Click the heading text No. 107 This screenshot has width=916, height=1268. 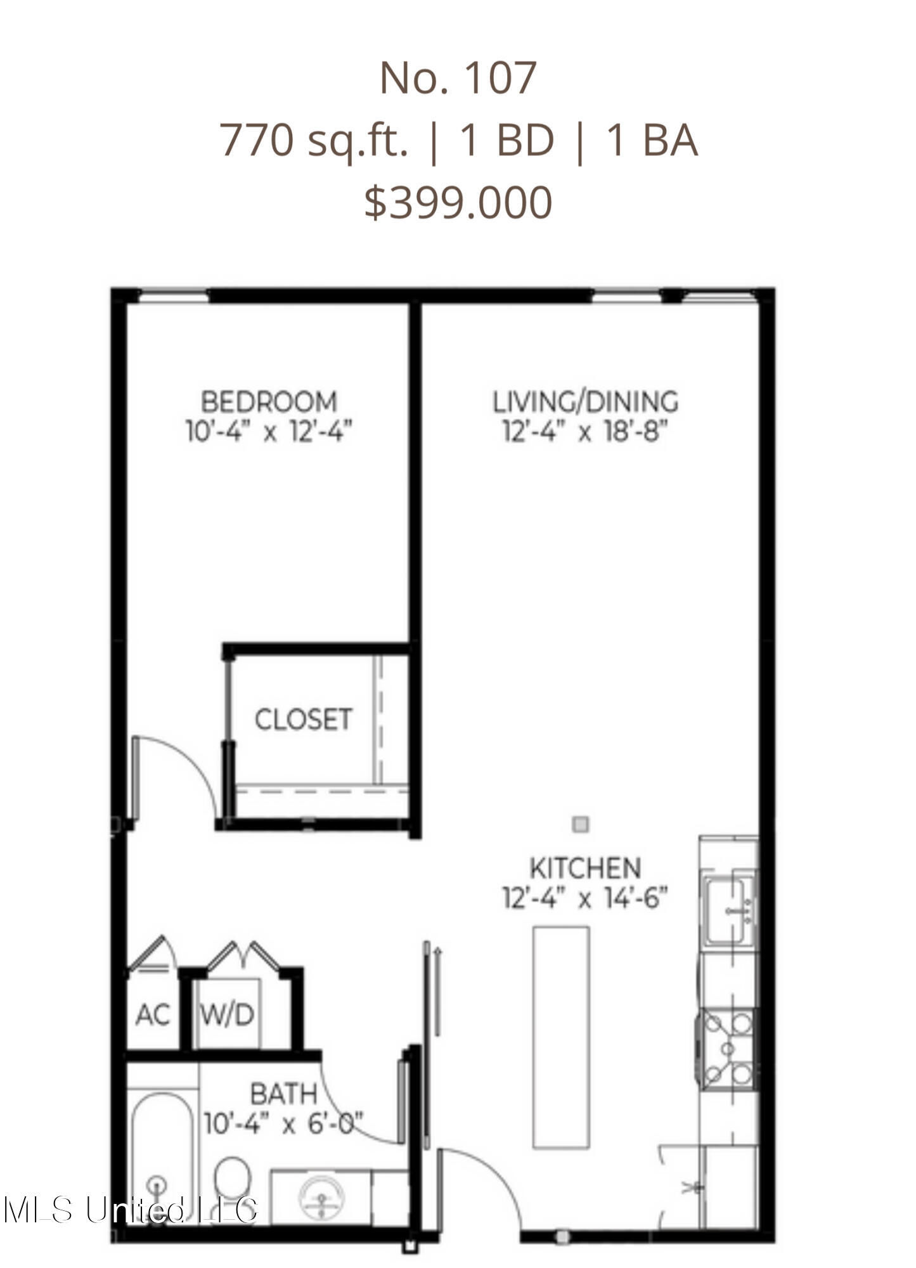[x=458, y=78]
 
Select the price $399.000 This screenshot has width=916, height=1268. [x=458, y=202]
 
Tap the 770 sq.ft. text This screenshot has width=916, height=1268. [x=314, y=141]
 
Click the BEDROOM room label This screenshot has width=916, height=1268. [x=269, y=402]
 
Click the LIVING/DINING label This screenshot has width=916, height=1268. [x=586, y=402]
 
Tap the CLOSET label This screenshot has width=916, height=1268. [x=303, y=720]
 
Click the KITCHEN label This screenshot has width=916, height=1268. [x=585, y=868]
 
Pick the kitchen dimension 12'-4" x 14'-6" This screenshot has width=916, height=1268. [x=585, y=898]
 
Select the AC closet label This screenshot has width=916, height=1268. [x=153, y=1015]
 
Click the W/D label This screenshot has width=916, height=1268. [x=227, y=1015]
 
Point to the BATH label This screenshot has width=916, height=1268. [x=283, y=1094]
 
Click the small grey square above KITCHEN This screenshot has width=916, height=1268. [x=581, y=824]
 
